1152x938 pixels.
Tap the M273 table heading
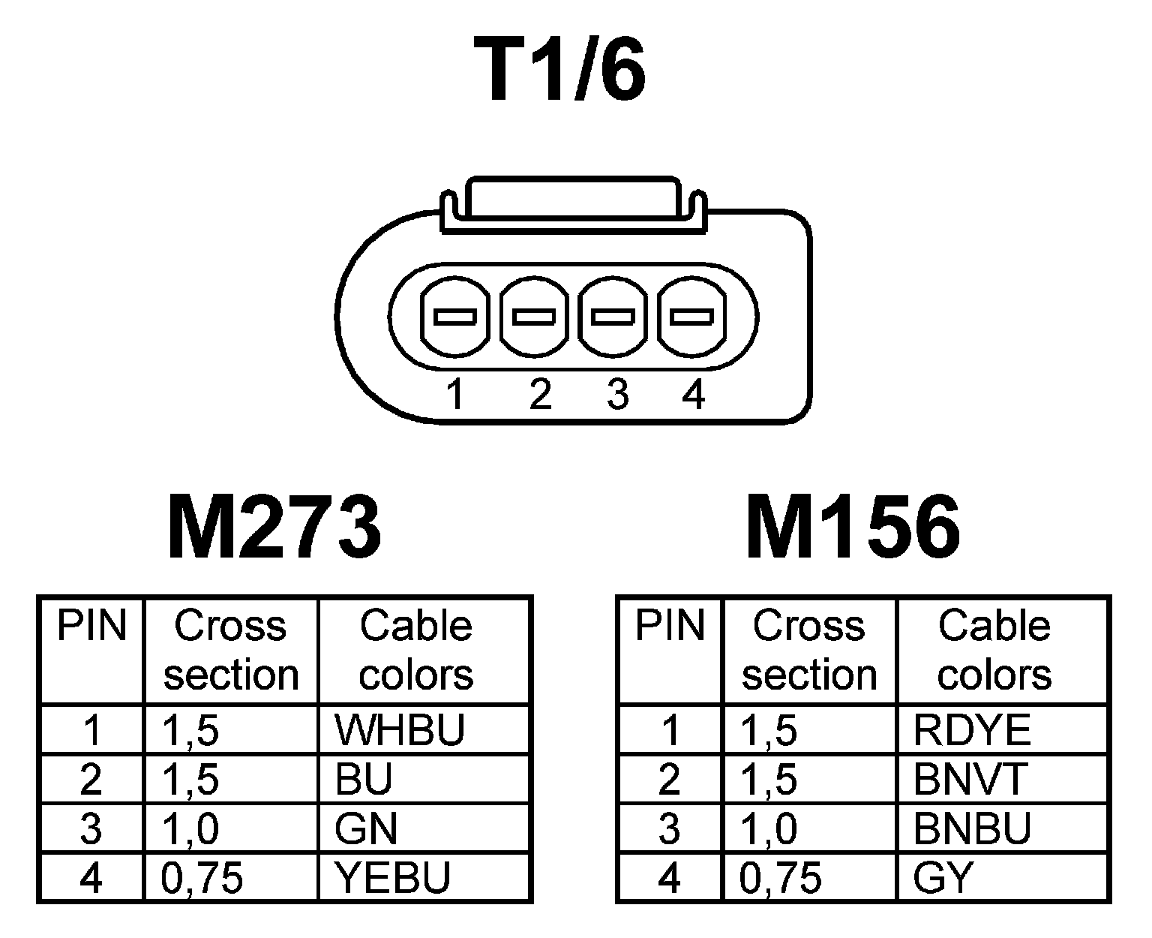(274, 528)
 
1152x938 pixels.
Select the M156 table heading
(853, 528)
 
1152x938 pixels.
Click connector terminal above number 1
(455, 317)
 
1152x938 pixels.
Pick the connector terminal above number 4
(691, 317)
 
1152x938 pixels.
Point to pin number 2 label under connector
(540, 395)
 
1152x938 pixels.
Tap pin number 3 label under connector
(617, 395)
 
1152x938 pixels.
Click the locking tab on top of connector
(571, 198)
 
